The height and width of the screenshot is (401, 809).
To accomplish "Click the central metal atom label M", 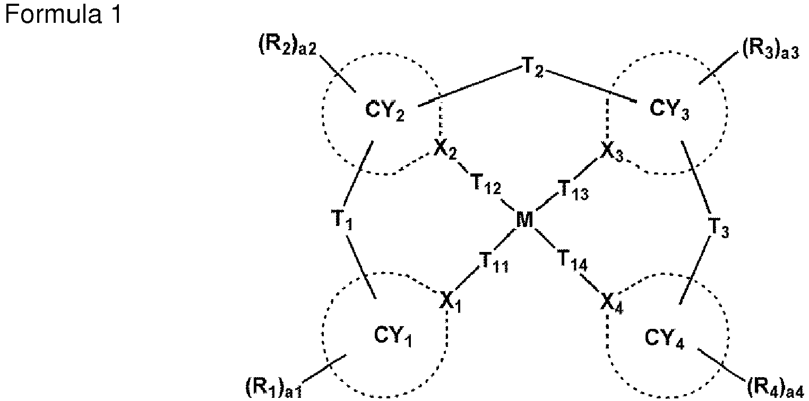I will (524, 220).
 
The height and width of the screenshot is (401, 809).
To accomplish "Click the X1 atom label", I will (451, 303).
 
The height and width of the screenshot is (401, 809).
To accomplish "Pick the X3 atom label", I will (612, 152).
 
